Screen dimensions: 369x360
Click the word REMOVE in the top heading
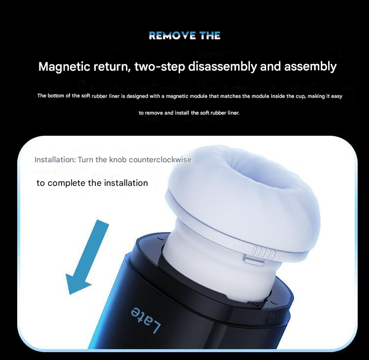172,35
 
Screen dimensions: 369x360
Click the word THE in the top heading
210,35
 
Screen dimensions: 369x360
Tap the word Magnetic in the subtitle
64,66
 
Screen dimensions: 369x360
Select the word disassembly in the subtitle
222,66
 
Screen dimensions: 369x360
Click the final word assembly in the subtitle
310,66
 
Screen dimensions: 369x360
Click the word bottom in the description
56,96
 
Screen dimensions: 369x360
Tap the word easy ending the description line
337,96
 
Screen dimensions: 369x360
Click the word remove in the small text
154,113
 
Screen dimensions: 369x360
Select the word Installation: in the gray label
55,159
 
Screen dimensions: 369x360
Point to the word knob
118,159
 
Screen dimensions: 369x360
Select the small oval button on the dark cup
271,317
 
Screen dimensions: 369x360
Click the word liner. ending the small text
233,113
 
